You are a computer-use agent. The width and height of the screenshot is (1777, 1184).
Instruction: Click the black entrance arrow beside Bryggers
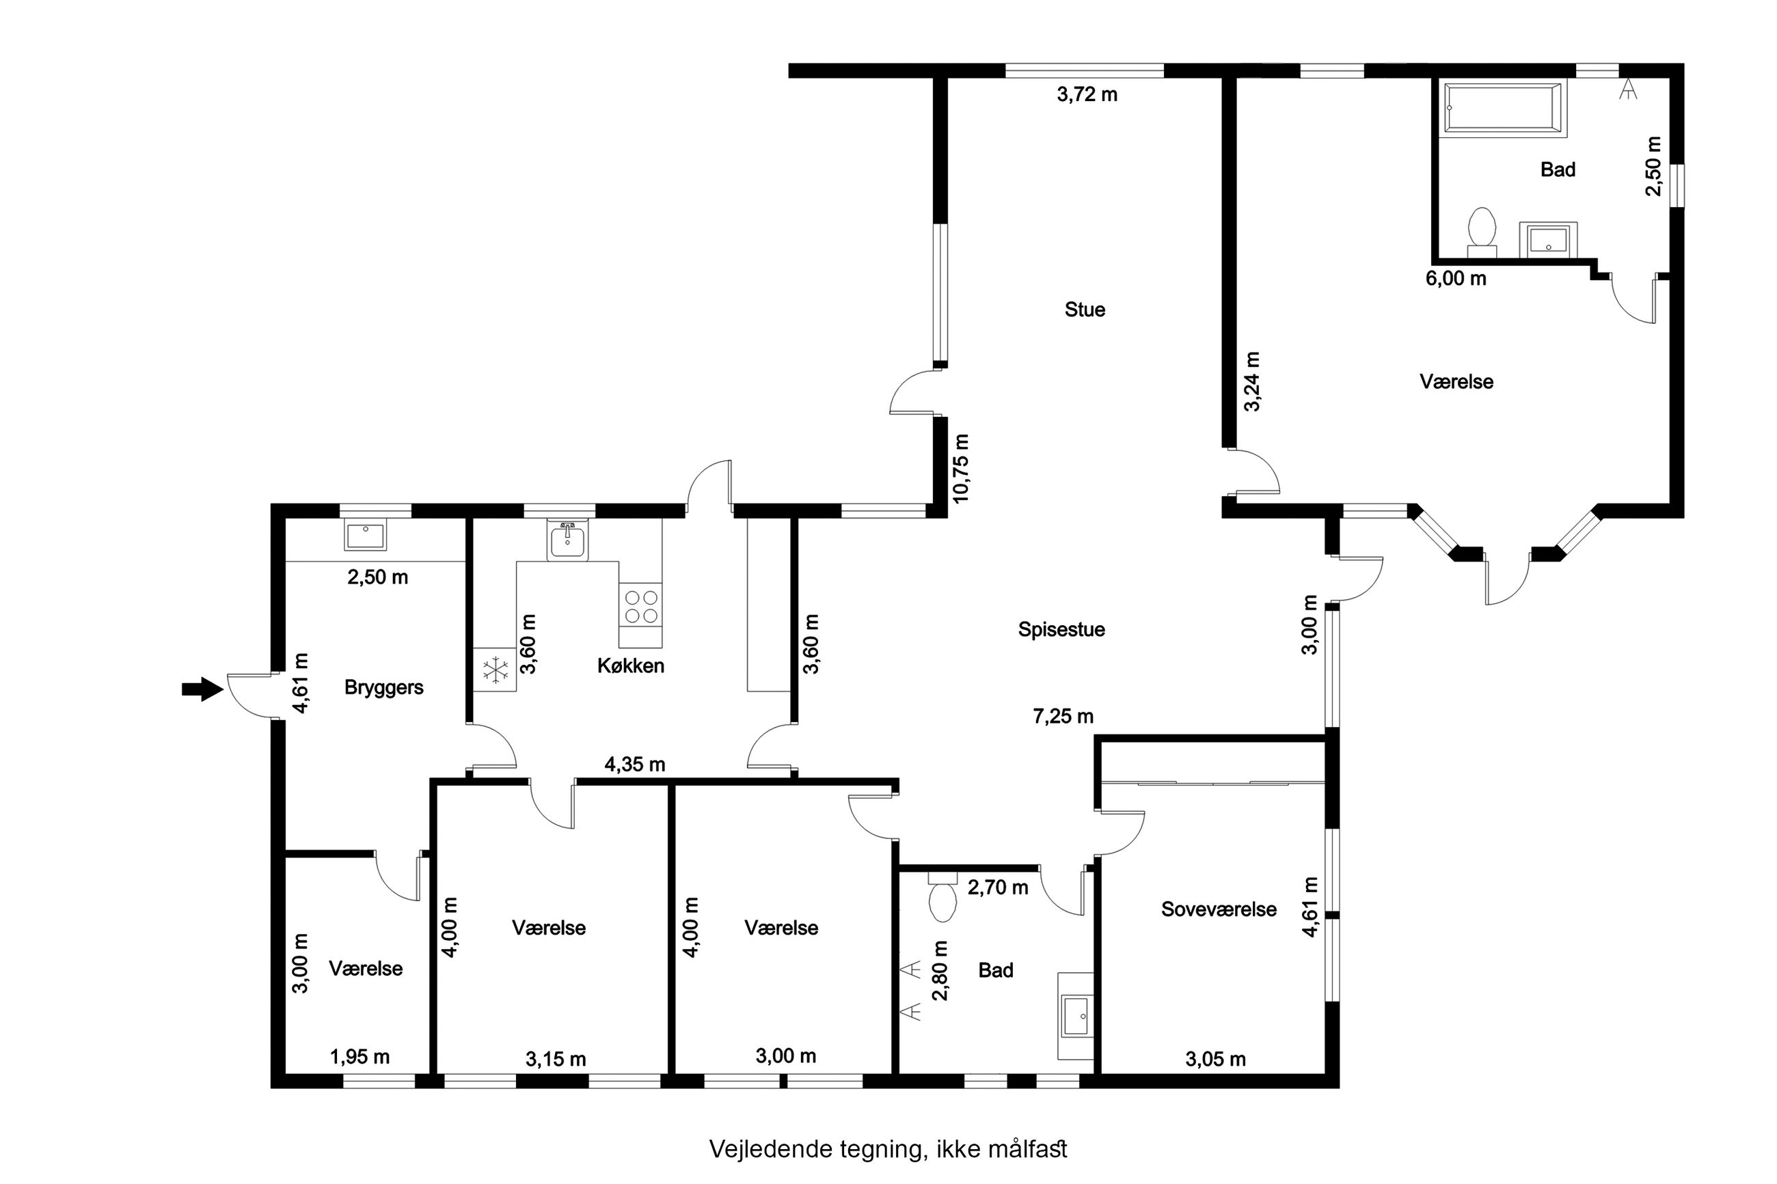tap(202, 689)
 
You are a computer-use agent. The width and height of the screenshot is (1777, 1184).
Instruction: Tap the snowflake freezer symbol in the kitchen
tap(496, 670)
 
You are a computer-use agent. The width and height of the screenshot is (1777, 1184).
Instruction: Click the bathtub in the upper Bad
tap(1503, 109)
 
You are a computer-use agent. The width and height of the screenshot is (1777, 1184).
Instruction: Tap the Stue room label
tap(1085, 309)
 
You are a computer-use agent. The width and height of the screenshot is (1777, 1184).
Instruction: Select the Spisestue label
tap(1061, 630)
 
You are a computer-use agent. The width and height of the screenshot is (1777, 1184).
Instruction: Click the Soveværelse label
tap(1218, 909)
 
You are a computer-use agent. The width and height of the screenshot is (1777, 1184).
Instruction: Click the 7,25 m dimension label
tap(1063, 716)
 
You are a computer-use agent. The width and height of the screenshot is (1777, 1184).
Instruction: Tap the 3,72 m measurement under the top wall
tap(1087, 94)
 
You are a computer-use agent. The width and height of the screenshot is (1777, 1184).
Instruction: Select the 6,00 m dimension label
tap(1455, 279)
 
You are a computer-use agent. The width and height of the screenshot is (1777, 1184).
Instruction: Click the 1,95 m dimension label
tap(360, 1057)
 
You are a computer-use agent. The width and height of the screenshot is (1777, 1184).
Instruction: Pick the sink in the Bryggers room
tap(366, 536)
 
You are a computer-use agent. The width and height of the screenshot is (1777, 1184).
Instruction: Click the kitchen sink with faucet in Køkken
tap(567, 540)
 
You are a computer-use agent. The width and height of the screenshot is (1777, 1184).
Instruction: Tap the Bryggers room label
tap(383, 688)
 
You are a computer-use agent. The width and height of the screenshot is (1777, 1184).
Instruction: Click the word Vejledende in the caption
tap(770, 1148)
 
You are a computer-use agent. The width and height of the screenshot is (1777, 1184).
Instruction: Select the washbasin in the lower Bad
tap(1074, 1017)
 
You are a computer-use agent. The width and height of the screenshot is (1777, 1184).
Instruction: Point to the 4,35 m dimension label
tap(634, 765)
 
